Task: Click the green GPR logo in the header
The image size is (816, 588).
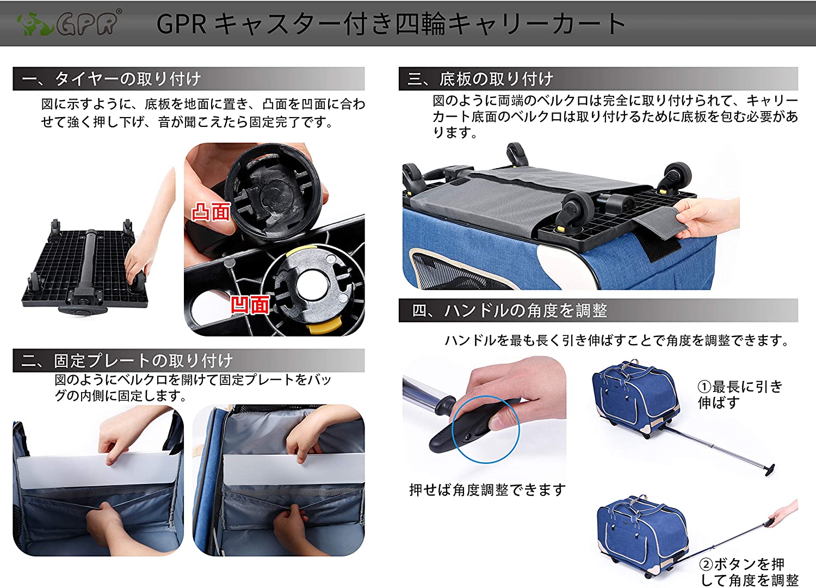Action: coord(70,23)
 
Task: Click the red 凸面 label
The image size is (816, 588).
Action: coord(211,212)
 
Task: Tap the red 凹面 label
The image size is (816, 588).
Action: coord(250,305)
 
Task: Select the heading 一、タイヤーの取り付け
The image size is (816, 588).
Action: coord(112,79)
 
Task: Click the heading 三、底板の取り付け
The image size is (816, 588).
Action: coord(480,79)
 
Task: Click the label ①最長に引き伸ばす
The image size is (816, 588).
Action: coord(740,394)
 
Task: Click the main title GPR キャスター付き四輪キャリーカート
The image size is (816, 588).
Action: coord(391,24)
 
